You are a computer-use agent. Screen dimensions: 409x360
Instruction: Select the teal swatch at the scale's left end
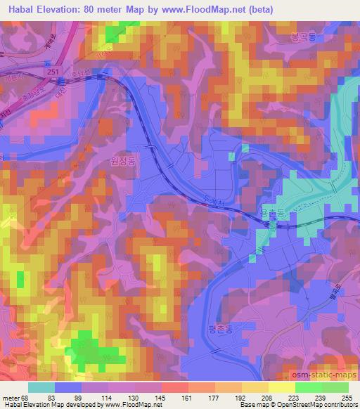(41, 387)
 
